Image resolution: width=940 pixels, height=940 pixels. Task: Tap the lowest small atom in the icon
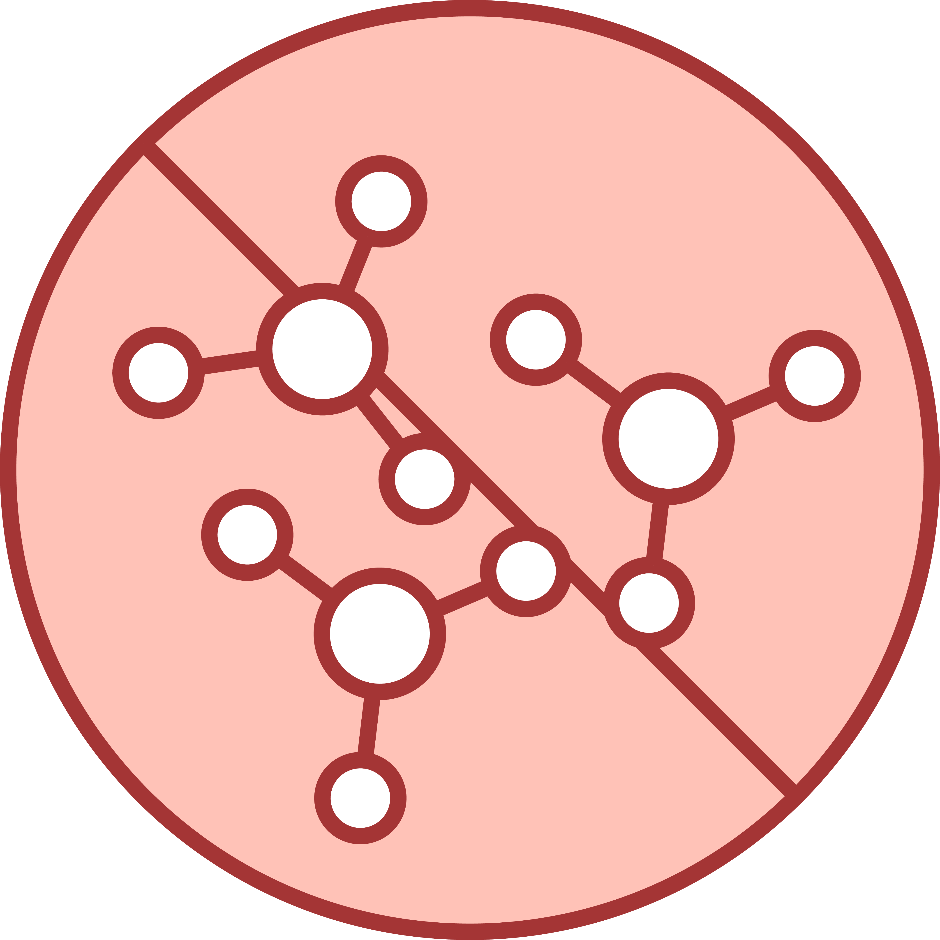pyautogui.click(x=360, y=798)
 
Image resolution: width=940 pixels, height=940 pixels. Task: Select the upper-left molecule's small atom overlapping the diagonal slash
pyautogui.click(x=424, y=479)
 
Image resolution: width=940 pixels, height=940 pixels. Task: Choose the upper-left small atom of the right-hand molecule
pyautogui.click(x=536, y=340)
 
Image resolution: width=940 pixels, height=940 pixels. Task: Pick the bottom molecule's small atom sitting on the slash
pyautogui.click(x=526, y=571)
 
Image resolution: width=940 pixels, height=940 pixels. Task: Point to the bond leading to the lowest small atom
pyautogui.click(x=369, y=728)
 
